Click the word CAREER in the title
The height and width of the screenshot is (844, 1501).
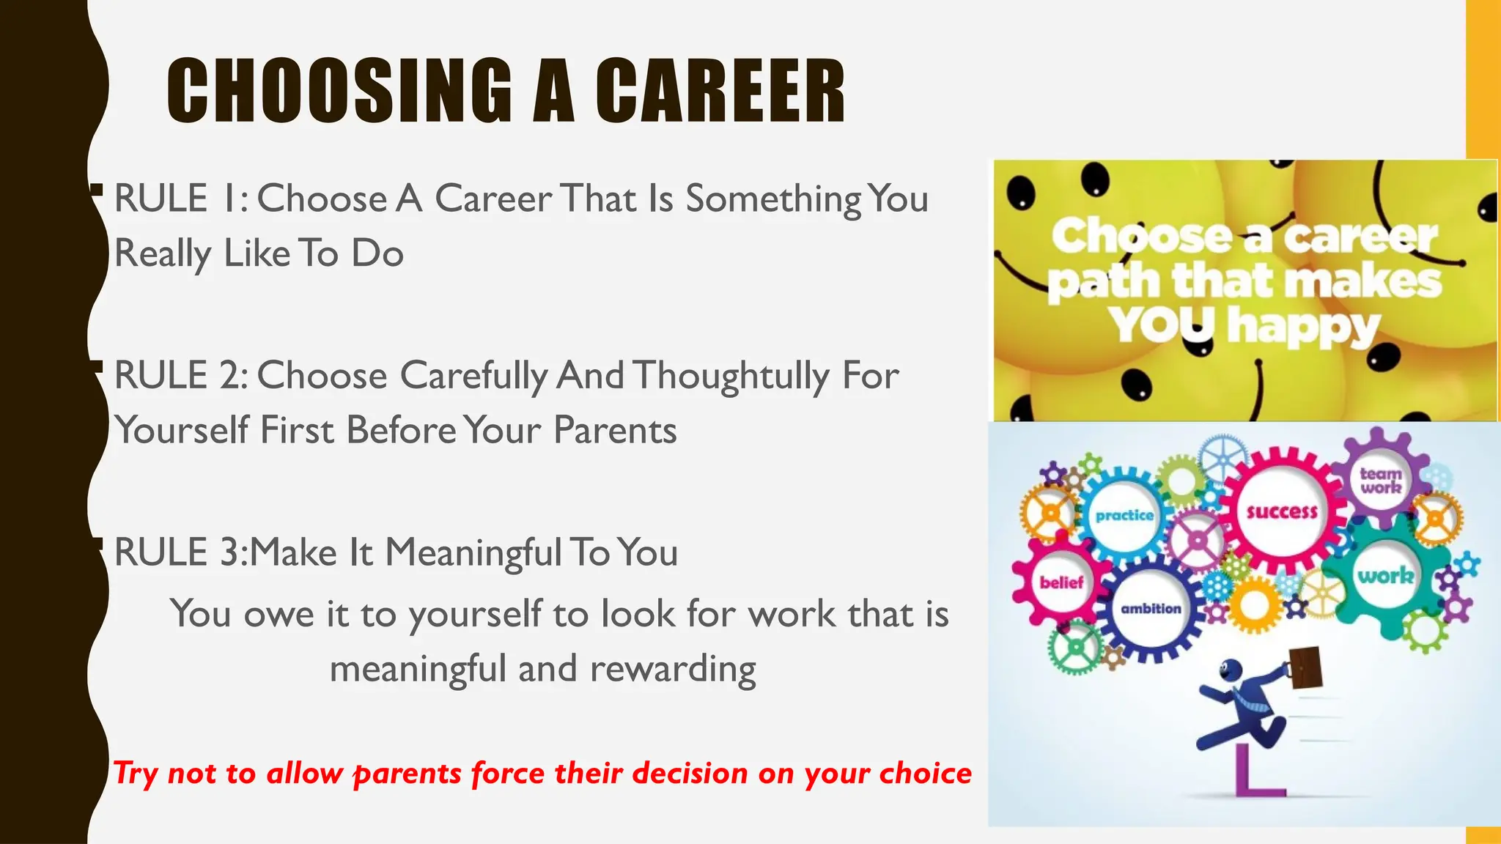point(720,91)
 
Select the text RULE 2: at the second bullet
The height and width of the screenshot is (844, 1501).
point(181,376)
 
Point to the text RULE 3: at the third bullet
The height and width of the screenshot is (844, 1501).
point(181,552)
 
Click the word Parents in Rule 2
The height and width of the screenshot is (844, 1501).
point(614,430)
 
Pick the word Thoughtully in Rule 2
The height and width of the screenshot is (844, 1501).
point(731,376)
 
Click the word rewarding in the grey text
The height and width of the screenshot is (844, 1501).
point(672,669)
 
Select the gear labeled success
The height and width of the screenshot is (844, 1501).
point(1282,511)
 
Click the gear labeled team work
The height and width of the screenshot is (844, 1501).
point(1381,481)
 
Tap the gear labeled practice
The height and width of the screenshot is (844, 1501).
point(1124,515)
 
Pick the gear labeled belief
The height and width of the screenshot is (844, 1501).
point(1061,582)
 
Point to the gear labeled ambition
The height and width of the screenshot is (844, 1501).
point(1151,608)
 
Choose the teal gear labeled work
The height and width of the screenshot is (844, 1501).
point(1384,576)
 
